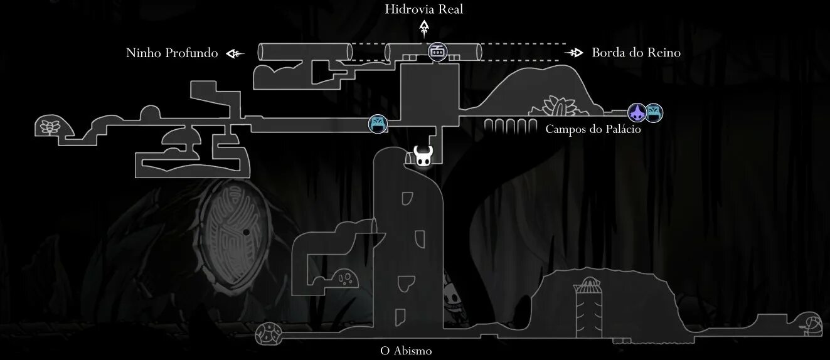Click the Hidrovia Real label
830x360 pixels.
[425, 9]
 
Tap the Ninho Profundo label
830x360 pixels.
[172, 53]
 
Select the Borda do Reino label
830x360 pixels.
[636, 53]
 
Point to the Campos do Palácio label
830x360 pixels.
[593, 130]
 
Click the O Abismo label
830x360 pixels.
[406, 351]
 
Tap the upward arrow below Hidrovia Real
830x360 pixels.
[425, 28]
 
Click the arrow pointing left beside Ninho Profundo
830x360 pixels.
[235, 54]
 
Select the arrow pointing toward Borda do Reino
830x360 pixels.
[574, 53]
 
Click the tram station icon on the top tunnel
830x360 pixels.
[437, 51]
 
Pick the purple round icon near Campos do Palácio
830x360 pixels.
[637, 113]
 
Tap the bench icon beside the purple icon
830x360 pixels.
[654, 113]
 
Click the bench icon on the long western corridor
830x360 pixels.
[378, 124]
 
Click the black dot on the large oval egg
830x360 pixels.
[247, 232]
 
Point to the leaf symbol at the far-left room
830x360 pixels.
[48, 126]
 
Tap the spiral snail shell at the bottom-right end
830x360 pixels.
[812, 324]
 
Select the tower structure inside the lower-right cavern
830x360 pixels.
[588, 303]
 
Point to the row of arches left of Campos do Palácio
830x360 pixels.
[508, 126]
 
